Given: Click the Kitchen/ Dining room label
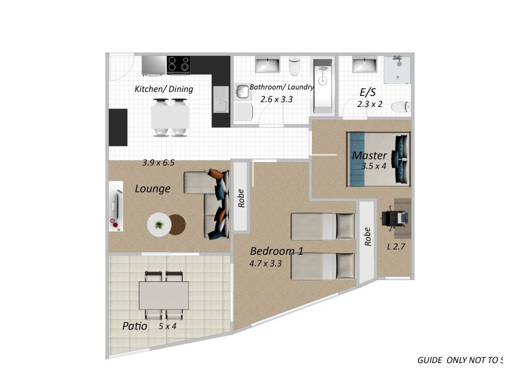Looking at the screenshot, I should click(x=163, y=89).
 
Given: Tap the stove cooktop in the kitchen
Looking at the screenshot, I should click(x=178, y=65).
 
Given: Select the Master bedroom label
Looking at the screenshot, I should click(x=369, y=156).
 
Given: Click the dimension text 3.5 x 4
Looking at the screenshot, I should click(x=374, y=166).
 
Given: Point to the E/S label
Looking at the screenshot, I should click(x=368, y=91).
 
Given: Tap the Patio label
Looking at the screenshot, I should click(x=134, y=326).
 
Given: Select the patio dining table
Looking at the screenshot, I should click(x=163, y=295).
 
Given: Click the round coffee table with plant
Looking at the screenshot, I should click(x=159, y=225).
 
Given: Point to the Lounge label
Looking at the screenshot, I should click(x=152, y=189).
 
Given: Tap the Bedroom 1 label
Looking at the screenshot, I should click(x=276, y=252).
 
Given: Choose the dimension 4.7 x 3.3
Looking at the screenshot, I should click(x=265, y=264).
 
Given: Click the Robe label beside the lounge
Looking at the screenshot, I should click(x=241, y=198).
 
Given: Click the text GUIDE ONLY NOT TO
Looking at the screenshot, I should click(x=457, y=360).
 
